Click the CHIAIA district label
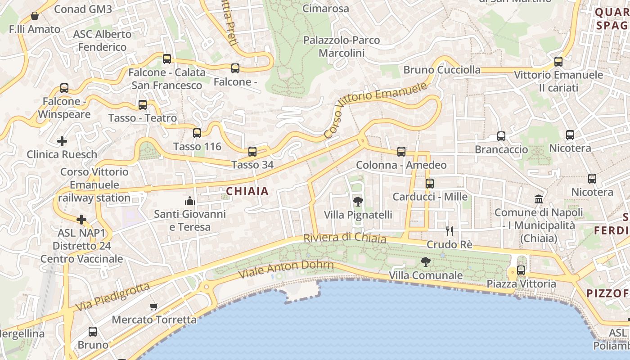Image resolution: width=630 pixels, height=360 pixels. (247, 191)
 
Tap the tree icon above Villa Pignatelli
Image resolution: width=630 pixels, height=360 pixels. (358, 201)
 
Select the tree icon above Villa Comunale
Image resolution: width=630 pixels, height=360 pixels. (425, 261)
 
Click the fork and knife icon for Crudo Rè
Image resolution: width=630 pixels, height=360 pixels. (449, 231)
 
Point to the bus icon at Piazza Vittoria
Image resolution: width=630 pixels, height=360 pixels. (521, 270)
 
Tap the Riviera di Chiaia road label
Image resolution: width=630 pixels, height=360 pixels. (345, 238)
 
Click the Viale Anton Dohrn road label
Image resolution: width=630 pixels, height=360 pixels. (286, 269)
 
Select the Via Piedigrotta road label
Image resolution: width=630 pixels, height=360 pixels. (112, 297)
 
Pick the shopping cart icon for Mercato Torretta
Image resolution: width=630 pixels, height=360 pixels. (154, 306)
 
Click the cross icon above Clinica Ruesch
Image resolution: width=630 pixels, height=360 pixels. (62, 141)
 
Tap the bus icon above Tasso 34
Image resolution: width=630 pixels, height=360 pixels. (252, 152)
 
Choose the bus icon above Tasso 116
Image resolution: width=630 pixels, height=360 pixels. (197, 133)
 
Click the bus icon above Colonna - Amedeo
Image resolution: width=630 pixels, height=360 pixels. (401, 152)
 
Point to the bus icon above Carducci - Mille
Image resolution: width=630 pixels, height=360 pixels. (430, 184)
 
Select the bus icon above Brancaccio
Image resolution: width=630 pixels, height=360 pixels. (501, 136)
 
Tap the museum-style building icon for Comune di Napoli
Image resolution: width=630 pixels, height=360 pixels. (539, 199)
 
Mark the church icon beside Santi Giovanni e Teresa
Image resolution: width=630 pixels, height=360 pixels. (189, 200)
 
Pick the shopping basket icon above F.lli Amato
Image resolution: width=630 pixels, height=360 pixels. (35, 16)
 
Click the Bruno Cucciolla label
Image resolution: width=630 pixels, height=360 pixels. (441, 70)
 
